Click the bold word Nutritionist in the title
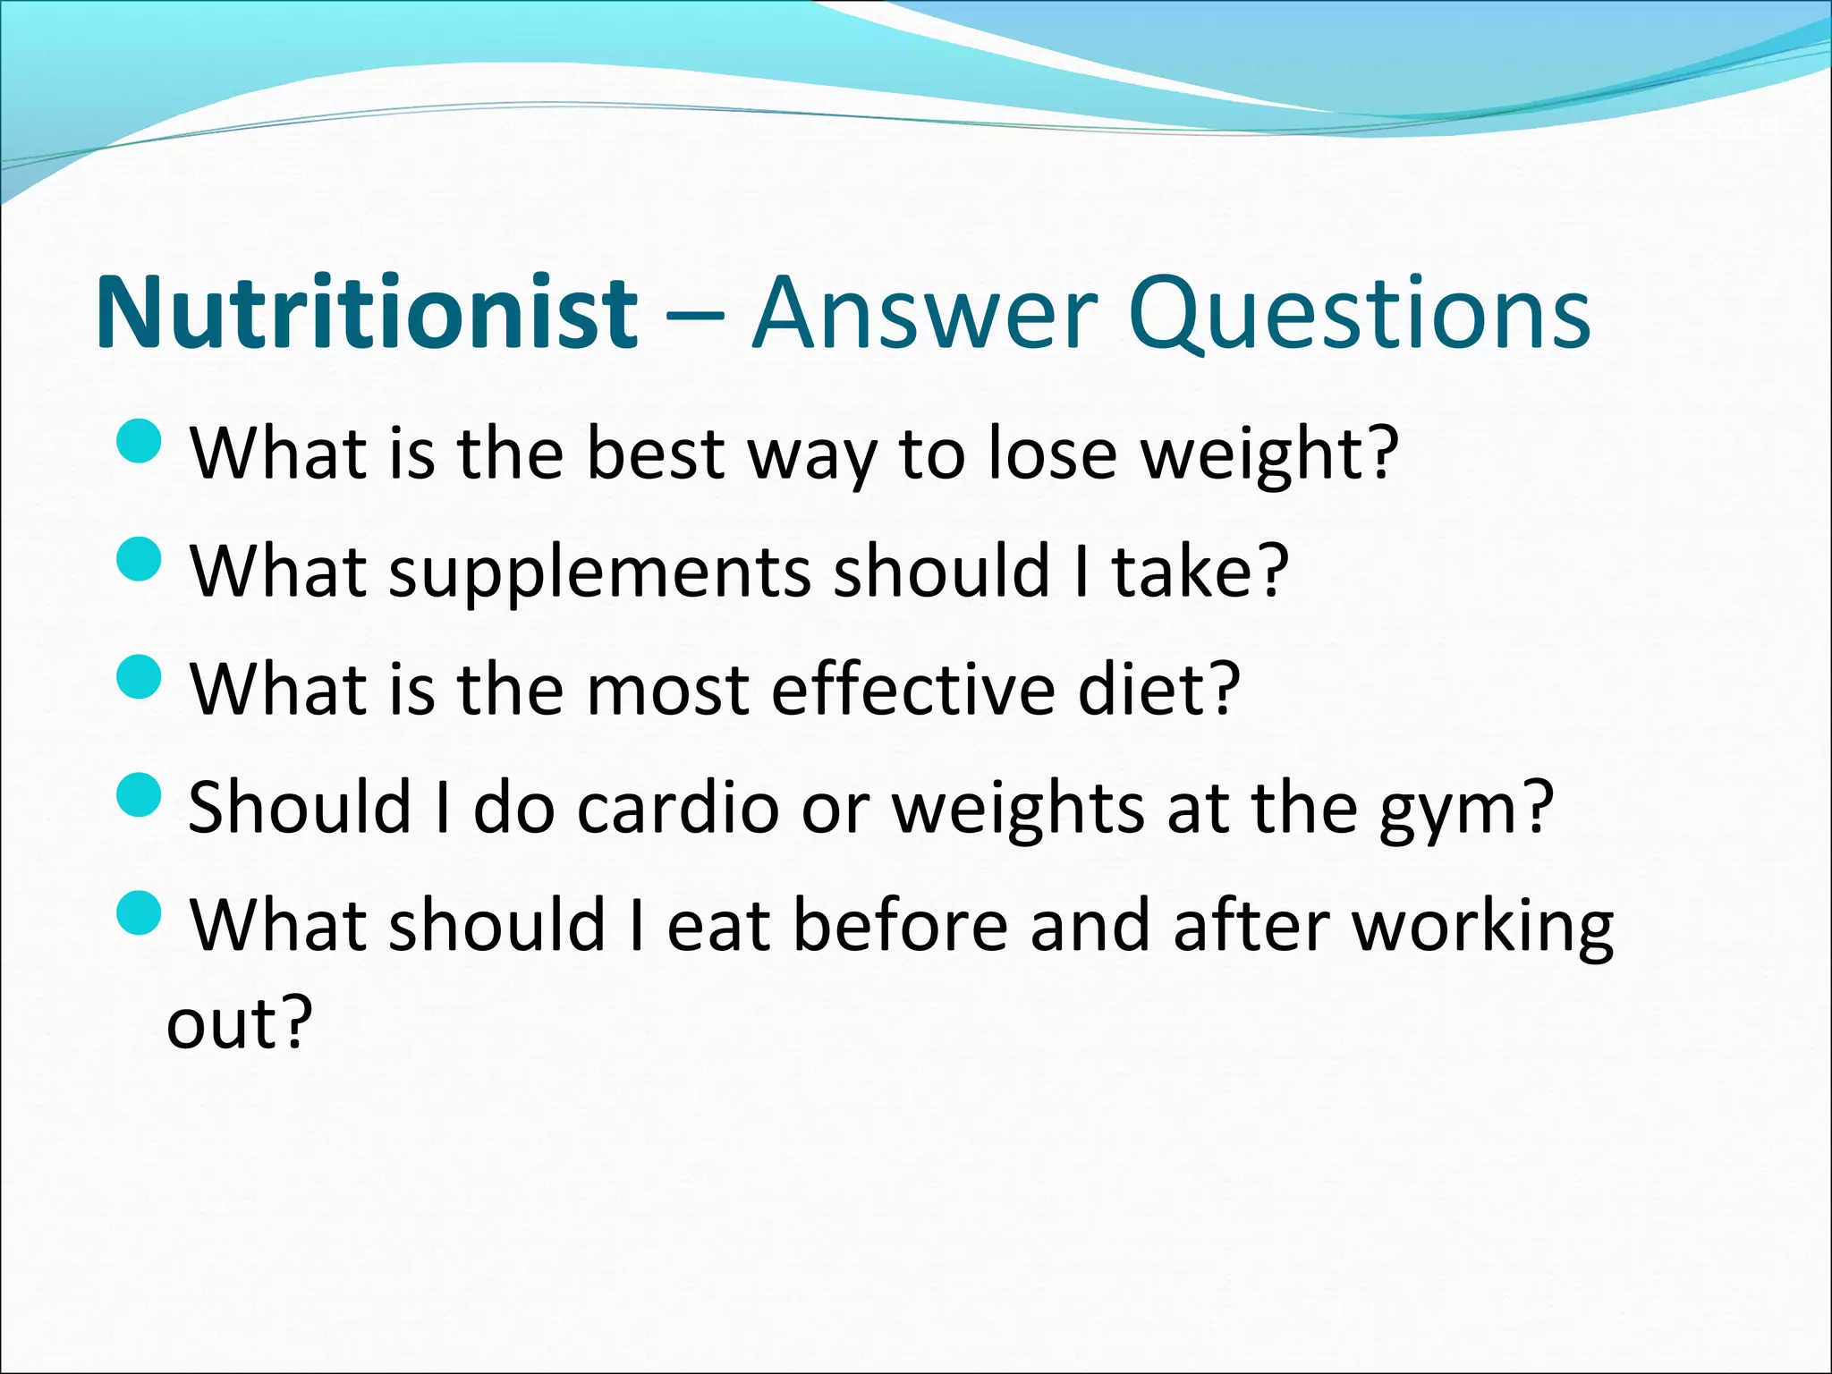click(367, 313)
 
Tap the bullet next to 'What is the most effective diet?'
click(139, 677)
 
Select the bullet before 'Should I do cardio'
click(139, 795)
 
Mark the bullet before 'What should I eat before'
click(139, 913)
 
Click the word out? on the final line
click(239, 1022)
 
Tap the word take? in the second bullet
click(1200, 572)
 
